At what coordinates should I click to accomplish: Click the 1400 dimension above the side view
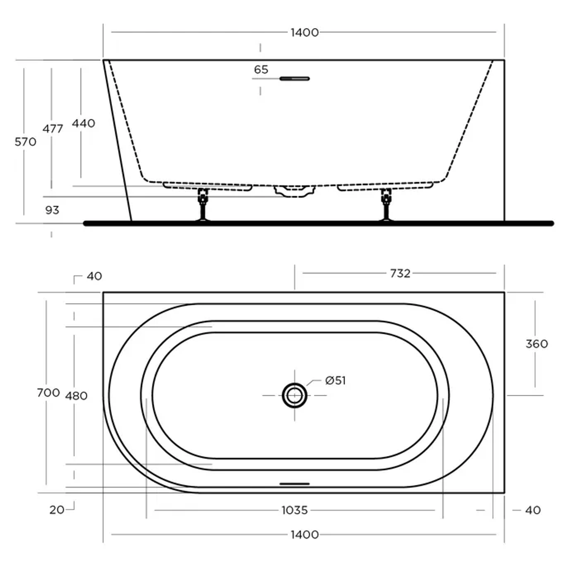click(x=304, y=32)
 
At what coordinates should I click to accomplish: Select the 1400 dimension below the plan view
click(x=304, y=535)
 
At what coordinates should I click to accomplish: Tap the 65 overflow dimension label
click(x=261, y=70)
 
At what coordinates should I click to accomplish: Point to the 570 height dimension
click(x=26, y=141)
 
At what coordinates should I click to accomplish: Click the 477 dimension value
click(x=53, y=129)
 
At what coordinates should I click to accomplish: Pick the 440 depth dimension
click(x=84, y=123)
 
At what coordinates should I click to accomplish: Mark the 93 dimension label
click(x=52, y=210)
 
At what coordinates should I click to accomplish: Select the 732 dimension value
click(x=400, y=273)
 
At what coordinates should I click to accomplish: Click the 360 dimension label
click(x=537, y=344)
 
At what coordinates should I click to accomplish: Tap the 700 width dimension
click(x=48, y=393)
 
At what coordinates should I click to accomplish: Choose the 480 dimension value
click(x=76, y=396)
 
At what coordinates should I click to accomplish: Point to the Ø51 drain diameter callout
click(x=335, y=381)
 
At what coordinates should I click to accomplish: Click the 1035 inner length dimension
click(x=294, y=510)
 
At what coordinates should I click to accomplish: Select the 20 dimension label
click(x=57, y=510)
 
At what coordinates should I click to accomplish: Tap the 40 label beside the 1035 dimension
click(x=532, y=510)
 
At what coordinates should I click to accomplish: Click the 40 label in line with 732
click(x=94, y=276)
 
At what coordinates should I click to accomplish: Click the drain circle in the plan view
click(x=295, y=395)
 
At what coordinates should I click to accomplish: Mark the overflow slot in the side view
click(x=295, y=78)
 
